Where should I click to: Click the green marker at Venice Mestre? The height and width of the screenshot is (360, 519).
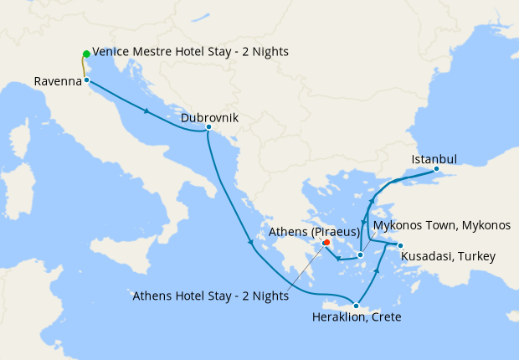pos(86,54)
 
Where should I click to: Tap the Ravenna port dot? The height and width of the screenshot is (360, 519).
pos(86,80)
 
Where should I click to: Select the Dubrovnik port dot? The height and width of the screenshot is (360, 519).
pos(208,127)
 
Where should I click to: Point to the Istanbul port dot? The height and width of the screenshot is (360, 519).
pos(436,169)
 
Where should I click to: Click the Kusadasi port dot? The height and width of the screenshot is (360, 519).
pos(400,245)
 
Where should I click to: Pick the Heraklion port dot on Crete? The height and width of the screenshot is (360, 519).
pos(357,306)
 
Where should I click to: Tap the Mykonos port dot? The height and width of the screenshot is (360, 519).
pos(359,255)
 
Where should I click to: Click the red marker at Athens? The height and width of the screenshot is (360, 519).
pos(326,243)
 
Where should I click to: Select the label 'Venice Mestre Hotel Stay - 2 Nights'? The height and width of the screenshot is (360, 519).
pos(190,52)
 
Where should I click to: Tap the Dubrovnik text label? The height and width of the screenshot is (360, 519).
pos(209,118)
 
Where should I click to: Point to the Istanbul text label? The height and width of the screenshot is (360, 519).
pos(434,159)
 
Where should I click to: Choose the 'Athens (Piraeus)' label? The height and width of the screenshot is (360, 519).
pos(314,230)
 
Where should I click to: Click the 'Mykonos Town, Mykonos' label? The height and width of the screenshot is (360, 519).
pos(442,226)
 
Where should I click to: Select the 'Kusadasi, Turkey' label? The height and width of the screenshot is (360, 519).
pos(448,256)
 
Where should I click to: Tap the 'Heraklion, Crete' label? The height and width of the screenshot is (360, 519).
pos(357,317)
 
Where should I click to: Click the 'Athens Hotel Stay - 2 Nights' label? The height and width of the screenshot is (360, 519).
pos(212,296)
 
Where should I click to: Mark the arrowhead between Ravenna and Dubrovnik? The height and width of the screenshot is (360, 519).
pos(147,111)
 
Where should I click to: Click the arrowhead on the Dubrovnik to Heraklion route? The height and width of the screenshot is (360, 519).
pos(251,244)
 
